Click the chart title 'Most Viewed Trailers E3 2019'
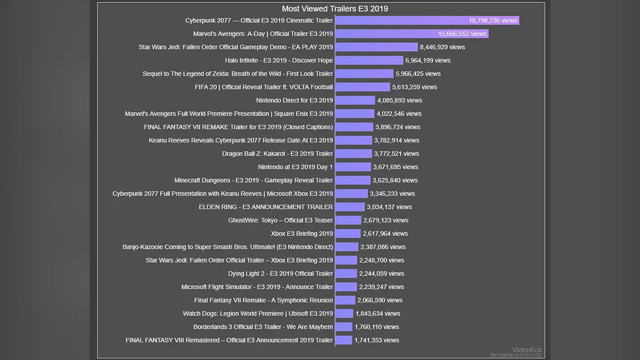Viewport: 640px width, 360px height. (x=334, y=9)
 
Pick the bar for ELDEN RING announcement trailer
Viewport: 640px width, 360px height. (x=350, y=207)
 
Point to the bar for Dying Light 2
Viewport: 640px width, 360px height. (x=346, y=274)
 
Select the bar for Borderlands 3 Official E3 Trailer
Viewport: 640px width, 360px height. (x=343, y=327)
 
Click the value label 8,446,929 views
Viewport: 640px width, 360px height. (x=442, y=47)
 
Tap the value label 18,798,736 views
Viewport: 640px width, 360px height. (x=493, y=20)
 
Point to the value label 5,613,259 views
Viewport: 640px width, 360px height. (x=414, y=87)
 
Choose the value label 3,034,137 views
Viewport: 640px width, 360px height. (x=389, y=207)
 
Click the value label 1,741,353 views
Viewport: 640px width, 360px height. (x=377, y=340)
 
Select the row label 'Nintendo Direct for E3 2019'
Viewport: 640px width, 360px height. (x=294, y=100)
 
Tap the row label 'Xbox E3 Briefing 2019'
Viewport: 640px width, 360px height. (x=302, y=234)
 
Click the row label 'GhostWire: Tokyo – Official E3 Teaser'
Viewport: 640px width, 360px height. (x=281, y=220)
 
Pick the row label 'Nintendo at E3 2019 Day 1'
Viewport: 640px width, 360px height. (x=295, y=167)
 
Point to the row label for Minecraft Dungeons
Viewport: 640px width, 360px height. (x=253, y=180)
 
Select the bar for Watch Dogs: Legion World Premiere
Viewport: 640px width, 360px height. (x=344, y=314)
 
